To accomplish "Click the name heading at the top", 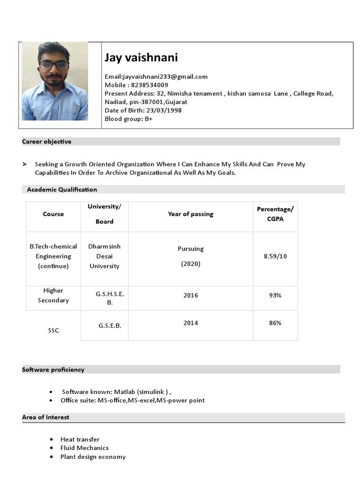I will [x=141, y=58].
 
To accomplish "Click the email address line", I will [x=156, y=77].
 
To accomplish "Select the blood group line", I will [x=128, y=119].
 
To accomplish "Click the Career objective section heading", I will [x=47, y=142].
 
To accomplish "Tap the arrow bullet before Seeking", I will [x=25, y=164].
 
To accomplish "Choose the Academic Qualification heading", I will [x=62, y=190].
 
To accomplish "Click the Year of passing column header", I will [x=190, y=214].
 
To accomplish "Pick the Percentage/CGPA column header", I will [x=275, y=214].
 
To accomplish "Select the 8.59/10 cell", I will [x=275, y=257].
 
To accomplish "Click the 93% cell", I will [x=275, y=296].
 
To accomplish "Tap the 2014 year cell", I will [x=190, y=323].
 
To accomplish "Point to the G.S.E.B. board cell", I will [x=110, y=325].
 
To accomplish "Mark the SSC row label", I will [x=54, y=330].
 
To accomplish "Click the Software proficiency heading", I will [x=53, y=370].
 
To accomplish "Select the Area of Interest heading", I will [x=46, y=418].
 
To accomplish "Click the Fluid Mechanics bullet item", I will [x=84, y=448].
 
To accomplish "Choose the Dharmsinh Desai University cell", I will [x=104, y=257].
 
